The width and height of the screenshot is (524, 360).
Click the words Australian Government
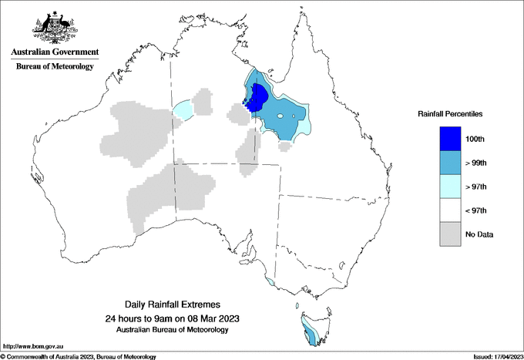click(55, 52)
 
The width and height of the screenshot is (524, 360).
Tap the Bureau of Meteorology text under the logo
click(55, 66)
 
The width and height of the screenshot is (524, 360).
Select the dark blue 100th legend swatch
click(445, 138)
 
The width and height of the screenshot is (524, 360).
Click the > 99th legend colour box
click(445, 162)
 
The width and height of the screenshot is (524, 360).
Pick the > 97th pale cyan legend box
click(445, 186)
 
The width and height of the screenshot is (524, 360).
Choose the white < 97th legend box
click(445, 210)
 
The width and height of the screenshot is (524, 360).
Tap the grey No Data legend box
click(445, 234)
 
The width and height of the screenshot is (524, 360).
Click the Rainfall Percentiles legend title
click(450, 114)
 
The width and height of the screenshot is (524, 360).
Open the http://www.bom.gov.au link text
click(32, 346)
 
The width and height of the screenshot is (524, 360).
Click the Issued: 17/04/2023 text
click(493, 356)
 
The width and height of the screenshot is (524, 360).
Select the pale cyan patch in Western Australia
click(182, 110)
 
